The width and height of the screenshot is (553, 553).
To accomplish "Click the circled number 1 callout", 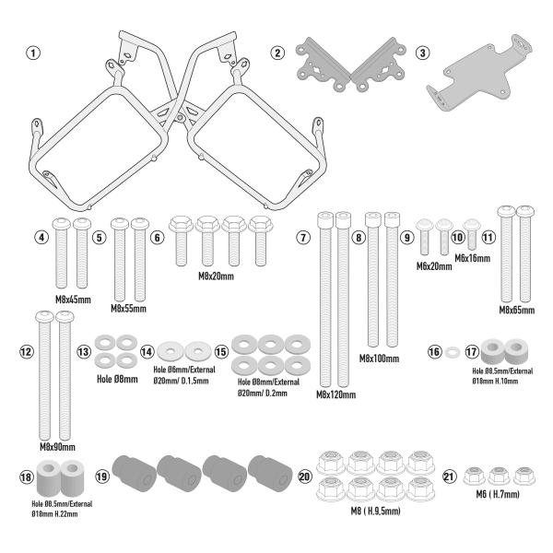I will pos(34,53).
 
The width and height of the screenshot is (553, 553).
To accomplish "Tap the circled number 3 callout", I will pos(421,53).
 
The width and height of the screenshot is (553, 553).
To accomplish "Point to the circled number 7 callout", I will pos(303,237).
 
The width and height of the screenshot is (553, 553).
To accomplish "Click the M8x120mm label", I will pos(335,394).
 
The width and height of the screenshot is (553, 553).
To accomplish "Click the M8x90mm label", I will pos(56,446).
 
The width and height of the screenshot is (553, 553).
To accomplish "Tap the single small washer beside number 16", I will pos(453,352).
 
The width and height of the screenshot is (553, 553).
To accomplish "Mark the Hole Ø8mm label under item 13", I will pos(117,378).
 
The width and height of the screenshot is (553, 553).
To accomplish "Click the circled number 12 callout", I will pos(26,351).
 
